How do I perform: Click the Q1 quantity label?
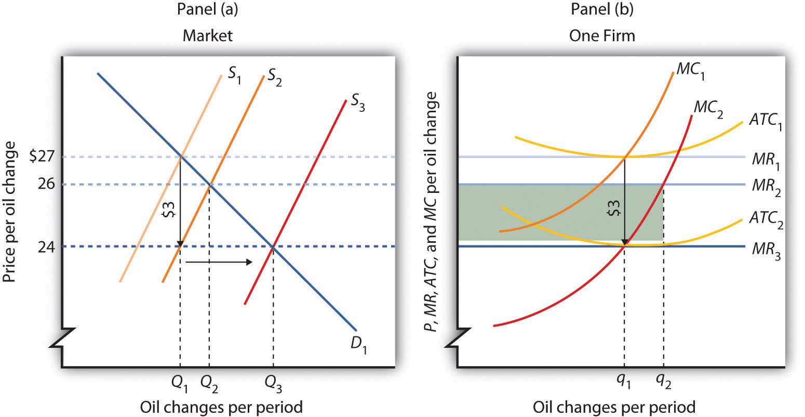tap(180, 385)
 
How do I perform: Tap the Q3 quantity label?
tap(274, 385)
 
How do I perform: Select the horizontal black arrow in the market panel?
tap(219, 262)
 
